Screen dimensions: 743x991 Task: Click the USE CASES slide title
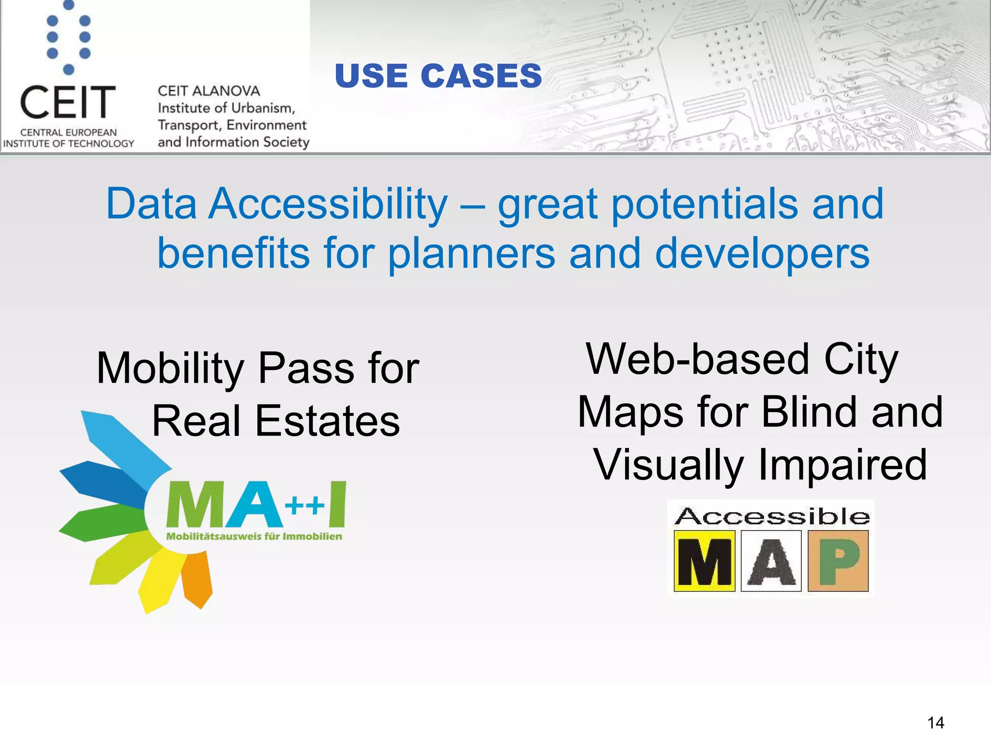tap(438, 76)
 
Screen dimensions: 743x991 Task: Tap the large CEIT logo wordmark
tap(68, 102)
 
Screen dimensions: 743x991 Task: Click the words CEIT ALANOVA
tap(209, 91)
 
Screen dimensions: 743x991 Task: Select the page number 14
tap(935, 723)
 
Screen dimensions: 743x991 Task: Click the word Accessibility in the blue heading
tap(329, 204)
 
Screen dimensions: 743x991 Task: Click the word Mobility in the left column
tap(170, 369)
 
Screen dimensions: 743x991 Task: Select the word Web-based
tap(697, 359)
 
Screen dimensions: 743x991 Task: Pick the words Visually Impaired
tap(760, 465)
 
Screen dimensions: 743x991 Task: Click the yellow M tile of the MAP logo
tap(704, 561)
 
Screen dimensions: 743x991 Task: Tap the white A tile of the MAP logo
tap(771, 561)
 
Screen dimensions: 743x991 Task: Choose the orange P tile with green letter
tap(838, 561)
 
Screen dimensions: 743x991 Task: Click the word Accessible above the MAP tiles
tap(772, 517)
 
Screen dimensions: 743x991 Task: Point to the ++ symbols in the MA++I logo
tap(304, 506)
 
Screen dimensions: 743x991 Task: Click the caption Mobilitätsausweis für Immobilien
tap(254, 536)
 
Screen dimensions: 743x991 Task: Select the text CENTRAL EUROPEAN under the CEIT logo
tap(68, 133)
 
